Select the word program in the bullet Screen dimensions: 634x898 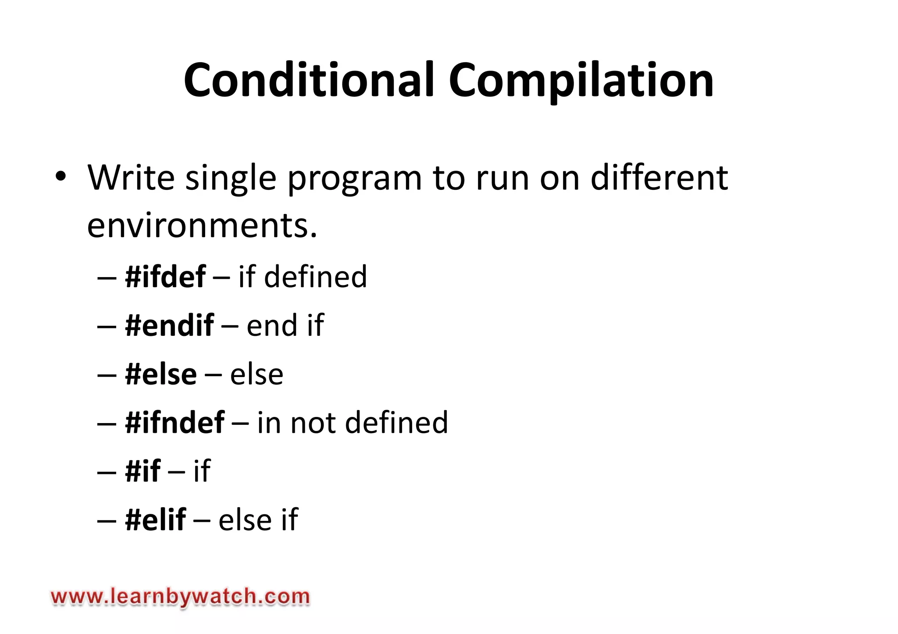(x=354, y=178)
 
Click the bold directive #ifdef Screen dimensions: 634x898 (x=165, y=277)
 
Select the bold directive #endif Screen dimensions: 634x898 (x=169, y=325)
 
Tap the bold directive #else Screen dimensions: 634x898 (x=161, y=374)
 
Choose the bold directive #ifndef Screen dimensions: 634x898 (x=175, y=423)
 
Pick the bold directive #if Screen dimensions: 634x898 (x=143, y=471)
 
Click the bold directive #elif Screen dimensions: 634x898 (x=156, y=520)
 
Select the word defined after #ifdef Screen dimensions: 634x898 (x=315, y=277)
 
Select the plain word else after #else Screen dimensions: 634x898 (x=257, y=374)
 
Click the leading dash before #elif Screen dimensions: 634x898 (x=107, y=520)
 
